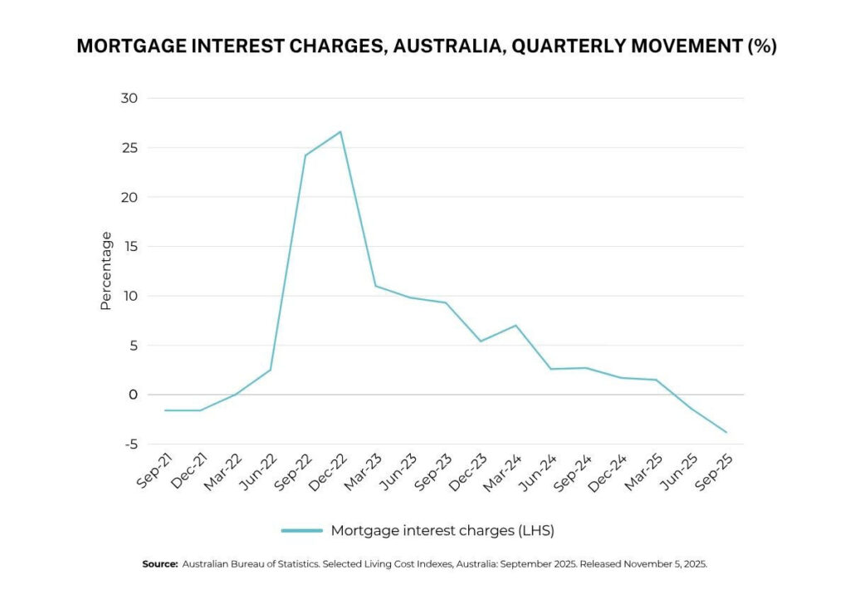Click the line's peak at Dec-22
[340, 131]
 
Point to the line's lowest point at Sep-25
[726, 432]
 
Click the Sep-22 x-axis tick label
[293, 471]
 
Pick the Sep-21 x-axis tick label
[153, 471]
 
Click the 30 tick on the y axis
[129, 98]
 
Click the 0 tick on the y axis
[133, 395]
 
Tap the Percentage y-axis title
[105, 271]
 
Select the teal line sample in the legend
[301, 530]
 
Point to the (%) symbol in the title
[760, 47]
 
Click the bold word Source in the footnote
[159, 564]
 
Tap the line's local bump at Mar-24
[516, 325]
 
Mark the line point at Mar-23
[375, 286]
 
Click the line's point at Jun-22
[271, 370]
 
